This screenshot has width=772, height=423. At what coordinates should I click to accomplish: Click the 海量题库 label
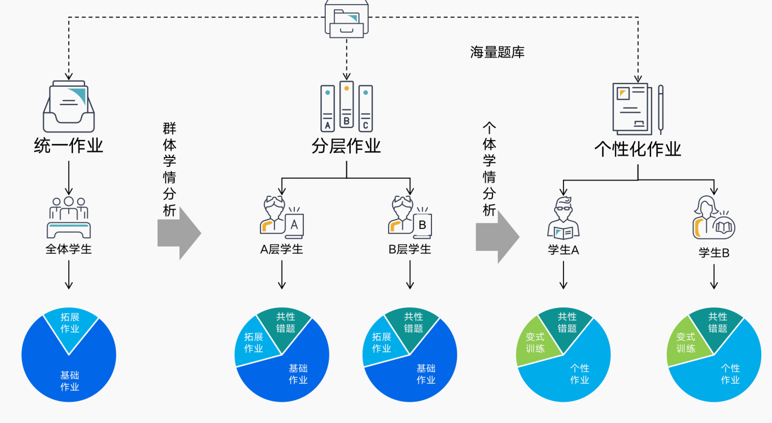click(497, 52)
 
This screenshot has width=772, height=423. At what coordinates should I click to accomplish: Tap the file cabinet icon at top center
click(347, 19)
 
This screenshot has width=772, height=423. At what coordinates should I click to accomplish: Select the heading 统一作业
click(68, 146)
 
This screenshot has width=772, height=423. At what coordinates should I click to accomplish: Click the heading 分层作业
click(346, 146)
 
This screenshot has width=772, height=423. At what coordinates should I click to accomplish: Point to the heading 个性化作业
click(637, 149)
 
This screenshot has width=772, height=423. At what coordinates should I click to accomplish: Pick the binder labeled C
click(366, 108)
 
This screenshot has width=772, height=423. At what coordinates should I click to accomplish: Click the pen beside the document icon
click(661, 109)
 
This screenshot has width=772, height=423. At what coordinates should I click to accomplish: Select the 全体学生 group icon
click(69, 218)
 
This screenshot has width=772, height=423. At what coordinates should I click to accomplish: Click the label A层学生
click(281, 249)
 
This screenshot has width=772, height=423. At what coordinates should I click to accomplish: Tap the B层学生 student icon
click(410, 218)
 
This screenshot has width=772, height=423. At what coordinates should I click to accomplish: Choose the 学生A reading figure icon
click(563, 219)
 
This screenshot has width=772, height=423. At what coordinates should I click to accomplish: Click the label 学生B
click(714, 253)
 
